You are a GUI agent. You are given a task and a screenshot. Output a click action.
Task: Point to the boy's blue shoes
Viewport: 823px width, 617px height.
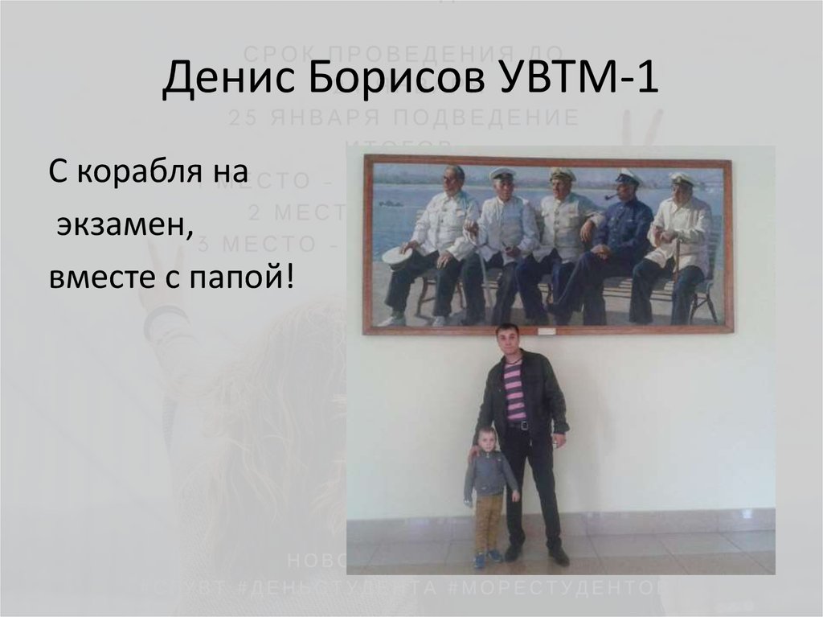click(486, 557)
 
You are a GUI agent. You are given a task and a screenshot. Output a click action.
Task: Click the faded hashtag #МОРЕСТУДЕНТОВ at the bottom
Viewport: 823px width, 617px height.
click(555, 587)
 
